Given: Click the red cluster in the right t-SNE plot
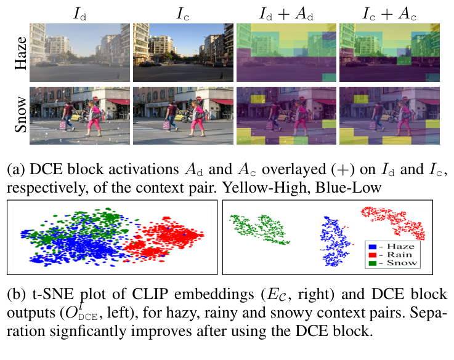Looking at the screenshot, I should tap(394, 221).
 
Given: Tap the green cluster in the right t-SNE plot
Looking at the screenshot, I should tap(259, 228).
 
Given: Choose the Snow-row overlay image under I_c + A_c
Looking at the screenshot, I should tap(389, 116).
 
